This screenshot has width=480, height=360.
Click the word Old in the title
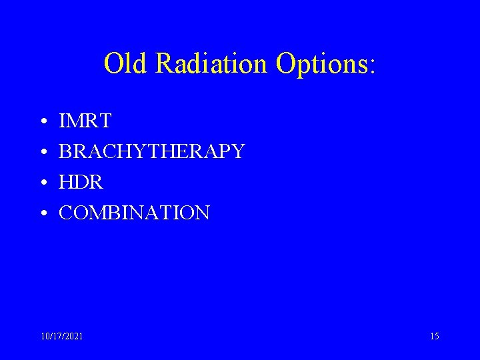coord(127,64)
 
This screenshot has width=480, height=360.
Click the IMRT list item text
coord(85,121)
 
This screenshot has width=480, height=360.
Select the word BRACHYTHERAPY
coord(152,152)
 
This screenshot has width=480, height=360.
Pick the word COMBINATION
coord(135,213)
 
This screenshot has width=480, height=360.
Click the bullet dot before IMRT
coord(42,123)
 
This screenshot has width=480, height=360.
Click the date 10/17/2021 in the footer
coord(62,337)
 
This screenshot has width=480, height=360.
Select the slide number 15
coord(435,337)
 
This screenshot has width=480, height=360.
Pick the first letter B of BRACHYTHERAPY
coord(65,152)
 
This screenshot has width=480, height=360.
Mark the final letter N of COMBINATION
coord(203,213)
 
